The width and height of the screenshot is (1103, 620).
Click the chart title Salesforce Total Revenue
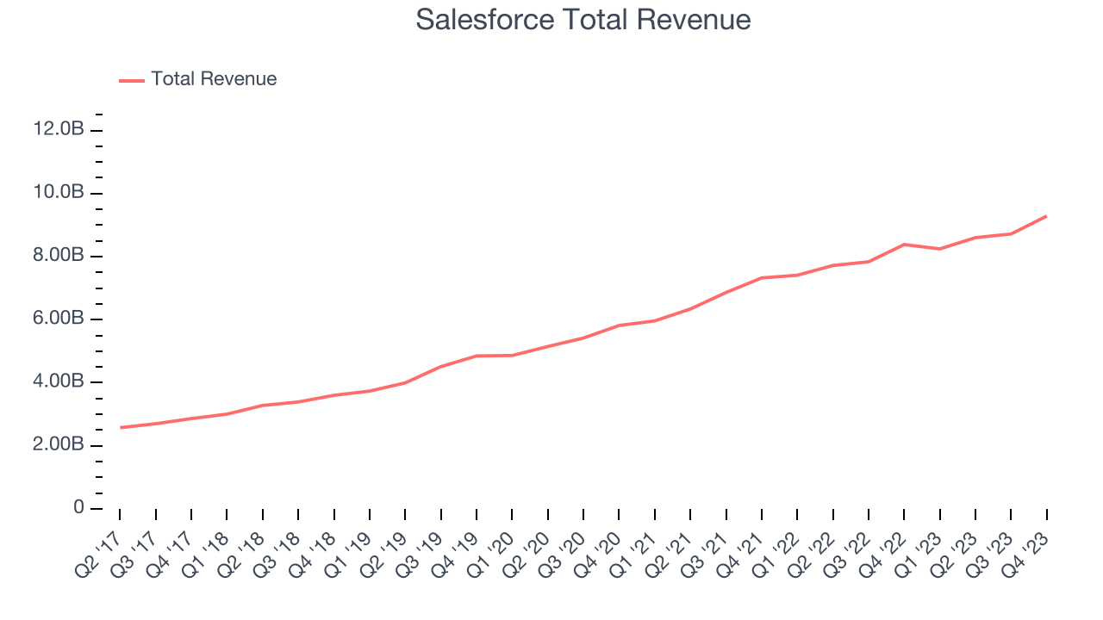(583, 20)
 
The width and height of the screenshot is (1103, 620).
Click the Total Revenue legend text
(214, 79)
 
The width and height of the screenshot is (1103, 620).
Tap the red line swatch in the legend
(132, 80)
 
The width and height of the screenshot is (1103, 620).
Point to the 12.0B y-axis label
(59, 130)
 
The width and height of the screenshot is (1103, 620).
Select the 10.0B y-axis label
(59, 193)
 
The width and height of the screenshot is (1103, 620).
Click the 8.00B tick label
(59, 256)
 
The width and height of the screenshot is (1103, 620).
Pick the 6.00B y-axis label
(59, 319)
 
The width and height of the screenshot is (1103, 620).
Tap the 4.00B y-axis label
(59, 382)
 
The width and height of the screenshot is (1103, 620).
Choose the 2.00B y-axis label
(59, 445)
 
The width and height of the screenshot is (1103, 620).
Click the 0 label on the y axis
(79, 508)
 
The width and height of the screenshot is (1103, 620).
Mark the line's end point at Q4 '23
(1047, 215)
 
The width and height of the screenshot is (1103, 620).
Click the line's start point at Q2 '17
(120, 427)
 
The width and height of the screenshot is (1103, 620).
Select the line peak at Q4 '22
(904, 245)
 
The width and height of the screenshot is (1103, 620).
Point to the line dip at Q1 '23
(939, 249)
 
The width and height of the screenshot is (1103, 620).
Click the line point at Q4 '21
(762, 277)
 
